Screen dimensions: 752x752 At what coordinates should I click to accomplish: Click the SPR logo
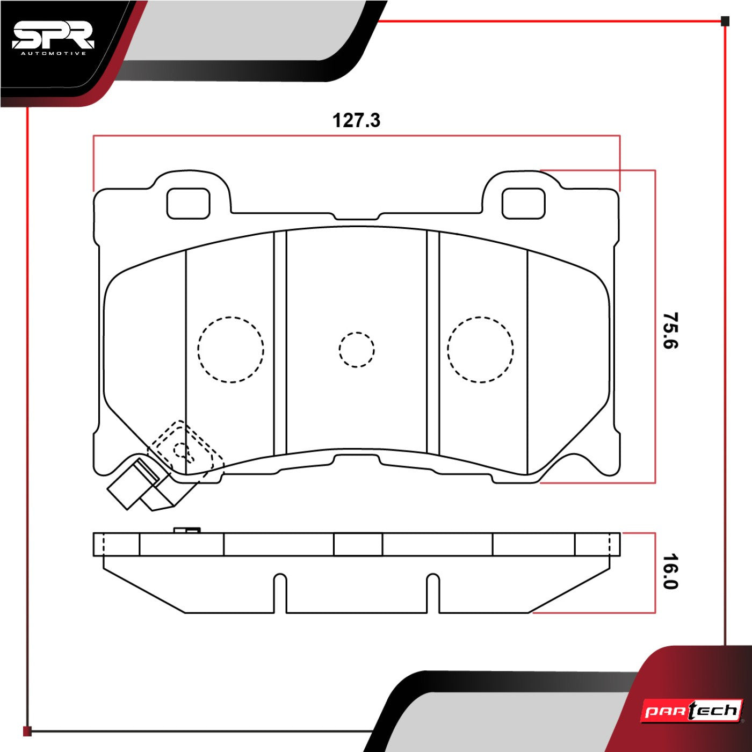[x=53, y=39]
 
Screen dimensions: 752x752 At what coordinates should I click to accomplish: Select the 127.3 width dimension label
[x=356, y=120]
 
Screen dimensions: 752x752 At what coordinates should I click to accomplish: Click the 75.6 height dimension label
[x=670, y=330]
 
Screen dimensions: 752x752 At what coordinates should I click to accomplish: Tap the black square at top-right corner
[x=725, y=21]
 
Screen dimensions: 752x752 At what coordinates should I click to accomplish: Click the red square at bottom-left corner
[x=27, y=731]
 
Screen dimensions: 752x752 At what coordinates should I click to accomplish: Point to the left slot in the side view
[x=280, y=593]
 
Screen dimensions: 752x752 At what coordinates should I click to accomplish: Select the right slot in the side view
[x=433, y=593]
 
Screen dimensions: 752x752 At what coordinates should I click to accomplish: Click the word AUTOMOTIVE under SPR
[x=53, y=54]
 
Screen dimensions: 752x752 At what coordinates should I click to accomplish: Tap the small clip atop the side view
[x=186, y=530]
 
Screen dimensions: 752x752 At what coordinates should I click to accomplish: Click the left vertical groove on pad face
[x=280, y=343]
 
